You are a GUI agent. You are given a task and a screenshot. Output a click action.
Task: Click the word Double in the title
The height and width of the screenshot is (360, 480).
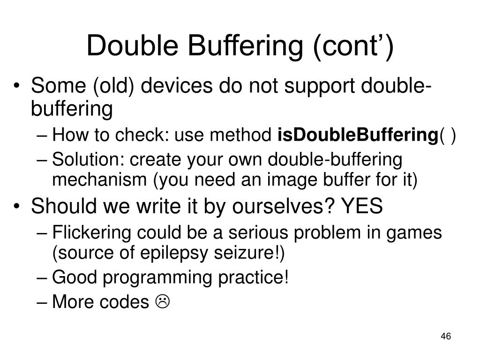[x=131, y=46]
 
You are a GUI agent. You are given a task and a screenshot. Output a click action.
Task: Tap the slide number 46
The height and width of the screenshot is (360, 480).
[x=446, y=337]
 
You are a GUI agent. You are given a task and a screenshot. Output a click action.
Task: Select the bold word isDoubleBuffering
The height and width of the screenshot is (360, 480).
[x=358, y=135]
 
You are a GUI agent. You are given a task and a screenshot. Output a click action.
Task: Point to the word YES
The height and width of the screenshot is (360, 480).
[x=361, y=207]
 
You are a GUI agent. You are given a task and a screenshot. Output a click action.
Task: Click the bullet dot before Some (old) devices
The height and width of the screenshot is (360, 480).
[x=18, y=87]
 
